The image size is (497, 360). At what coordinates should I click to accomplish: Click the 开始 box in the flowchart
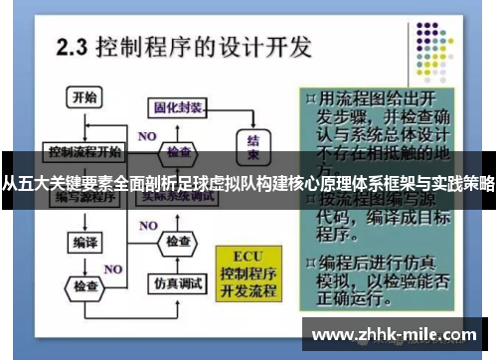85,97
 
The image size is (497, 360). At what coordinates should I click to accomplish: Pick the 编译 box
83,242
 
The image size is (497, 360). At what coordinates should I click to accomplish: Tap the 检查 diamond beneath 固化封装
179,152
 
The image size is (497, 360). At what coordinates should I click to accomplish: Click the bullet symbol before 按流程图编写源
312,197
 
